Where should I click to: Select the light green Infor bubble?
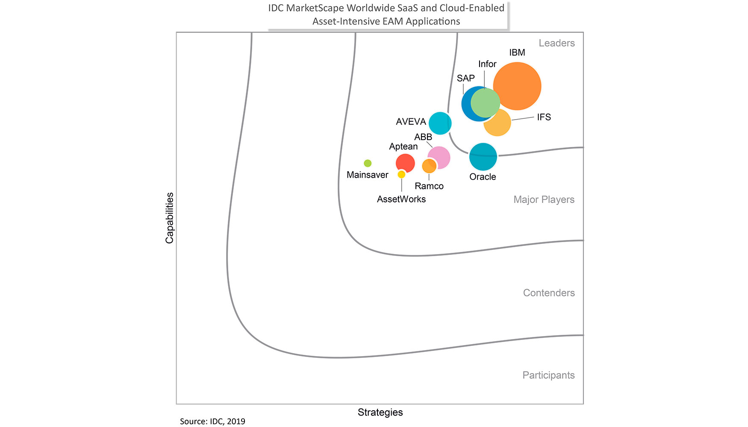coord(486,102)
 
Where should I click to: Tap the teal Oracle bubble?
coord(483,157)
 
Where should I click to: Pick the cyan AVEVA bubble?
coord(440,123)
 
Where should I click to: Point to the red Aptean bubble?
coord(405,163)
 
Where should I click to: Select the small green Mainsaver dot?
coord(368,163)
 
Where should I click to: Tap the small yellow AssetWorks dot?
coord(401,174)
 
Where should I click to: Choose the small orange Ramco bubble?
coord(429,166)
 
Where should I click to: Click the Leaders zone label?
coord(557,43)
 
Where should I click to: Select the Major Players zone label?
coord(544,199)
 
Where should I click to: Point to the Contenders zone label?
coord(549,293)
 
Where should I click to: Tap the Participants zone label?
coord(548,375)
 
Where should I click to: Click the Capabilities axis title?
coord(170,218)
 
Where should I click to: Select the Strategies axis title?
coord(380,412)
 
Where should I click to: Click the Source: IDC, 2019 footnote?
coord(212,421)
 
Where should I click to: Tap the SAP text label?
coord(465,78)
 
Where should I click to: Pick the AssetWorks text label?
coord(401,199)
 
